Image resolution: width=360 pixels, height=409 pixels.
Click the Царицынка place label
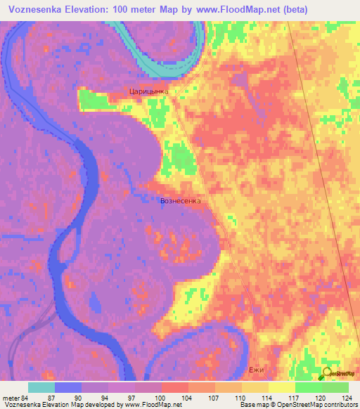pos(149,91)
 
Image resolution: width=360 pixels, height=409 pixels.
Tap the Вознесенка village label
pos(181,201)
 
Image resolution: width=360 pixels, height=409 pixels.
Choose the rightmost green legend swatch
pos(335,387)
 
